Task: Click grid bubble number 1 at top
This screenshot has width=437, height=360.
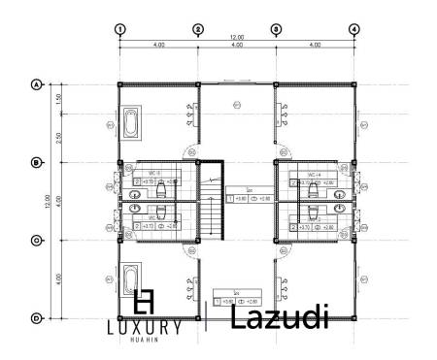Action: [119, 29]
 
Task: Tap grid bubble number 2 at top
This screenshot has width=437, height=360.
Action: [198, 29]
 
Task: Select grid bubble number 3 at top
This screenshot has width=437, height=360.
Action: [276, 29]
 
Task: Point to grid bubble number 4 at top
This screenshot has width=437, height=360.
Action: [353, 29]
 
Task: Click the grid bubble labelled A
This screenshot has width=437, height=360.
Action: [37, 84]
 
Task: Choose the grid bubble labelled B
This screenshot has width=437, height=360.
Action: [37, 162]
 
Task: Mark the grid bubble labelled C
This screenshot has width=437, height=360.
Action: [37, 240]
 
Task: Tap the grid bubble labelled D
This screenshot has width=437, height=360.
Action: [37, 317]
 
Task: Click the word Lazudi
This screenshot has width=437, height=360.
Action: [281, 316]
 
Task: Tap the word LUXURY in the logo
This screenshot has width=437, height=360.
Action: [144, 328]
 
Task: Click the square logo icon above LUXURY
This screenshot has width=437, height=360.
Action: [145, 302]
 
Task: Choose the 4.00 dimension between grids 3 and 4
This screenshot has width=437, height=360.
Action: [315, 46]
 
